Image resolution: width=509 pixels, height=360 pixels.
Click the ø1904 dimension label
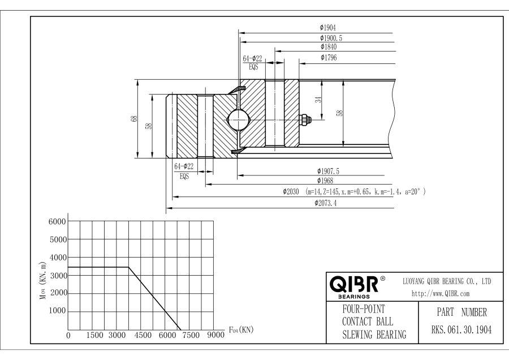(328, 27)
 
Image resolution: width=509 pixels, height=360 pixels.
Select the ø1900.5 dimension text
(330, 37)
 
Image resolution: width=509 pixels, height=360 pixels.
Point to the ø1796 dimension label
(329, 58)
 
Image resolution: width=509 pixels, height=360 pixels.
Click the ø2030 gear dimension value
(292, 192)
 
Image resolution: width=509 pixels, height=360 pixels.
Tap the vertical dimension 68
(134, 119)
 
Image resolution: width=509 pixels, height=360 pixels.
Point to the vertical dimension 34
(318, 100)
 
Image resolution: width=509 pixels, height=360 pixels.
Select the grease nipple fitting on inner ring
(304, 119)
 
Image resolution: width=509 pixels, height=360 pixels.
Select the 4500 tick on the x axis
(142, 335)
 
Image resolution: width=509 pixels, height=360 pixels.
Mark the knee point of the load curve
(128, 267)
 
